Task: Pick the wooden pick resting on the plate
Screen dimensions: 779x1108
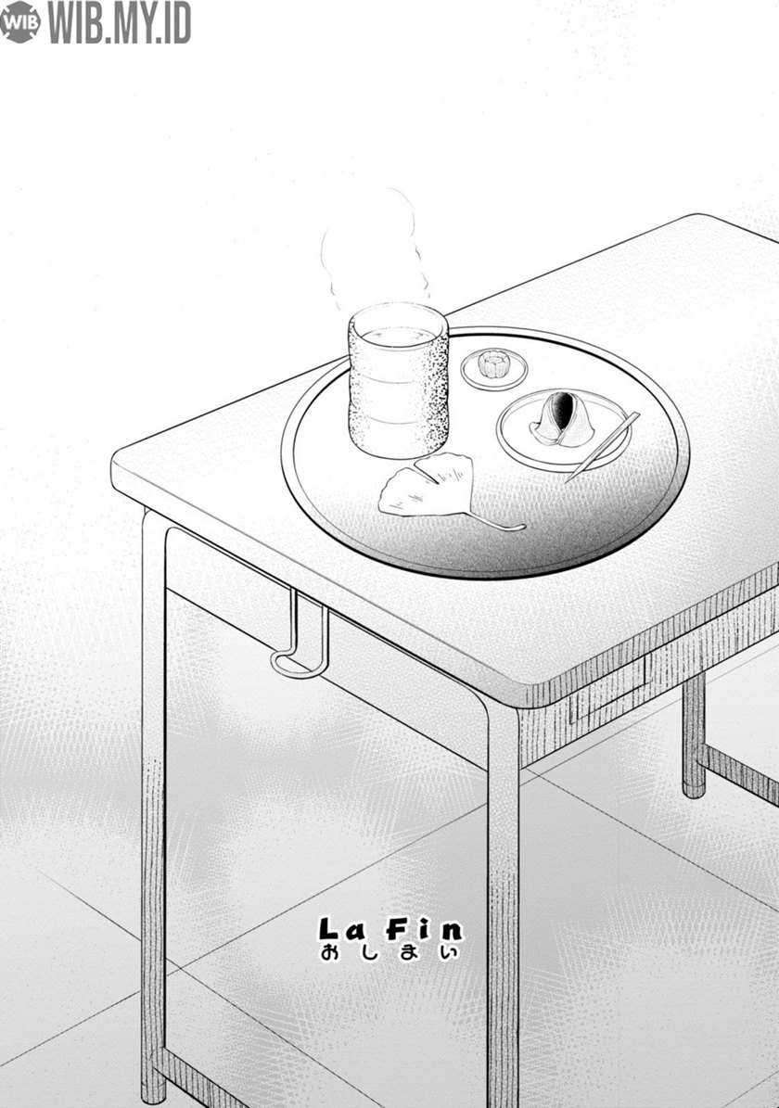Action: pyautogui.click(x=602, y=447)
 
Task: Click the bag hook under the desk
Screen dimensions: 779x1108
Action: pyautogui.click(x=300, y=636)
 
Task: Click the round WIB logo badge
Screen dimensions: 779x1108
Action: pyautogui.click(x=19, y=22)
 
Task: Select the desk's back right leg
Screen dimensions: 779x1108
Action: pyautogui.click(x=695, y=735)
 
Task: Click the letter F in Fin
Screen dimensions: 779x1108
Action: pyautogui.click(x=397, y=929)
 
